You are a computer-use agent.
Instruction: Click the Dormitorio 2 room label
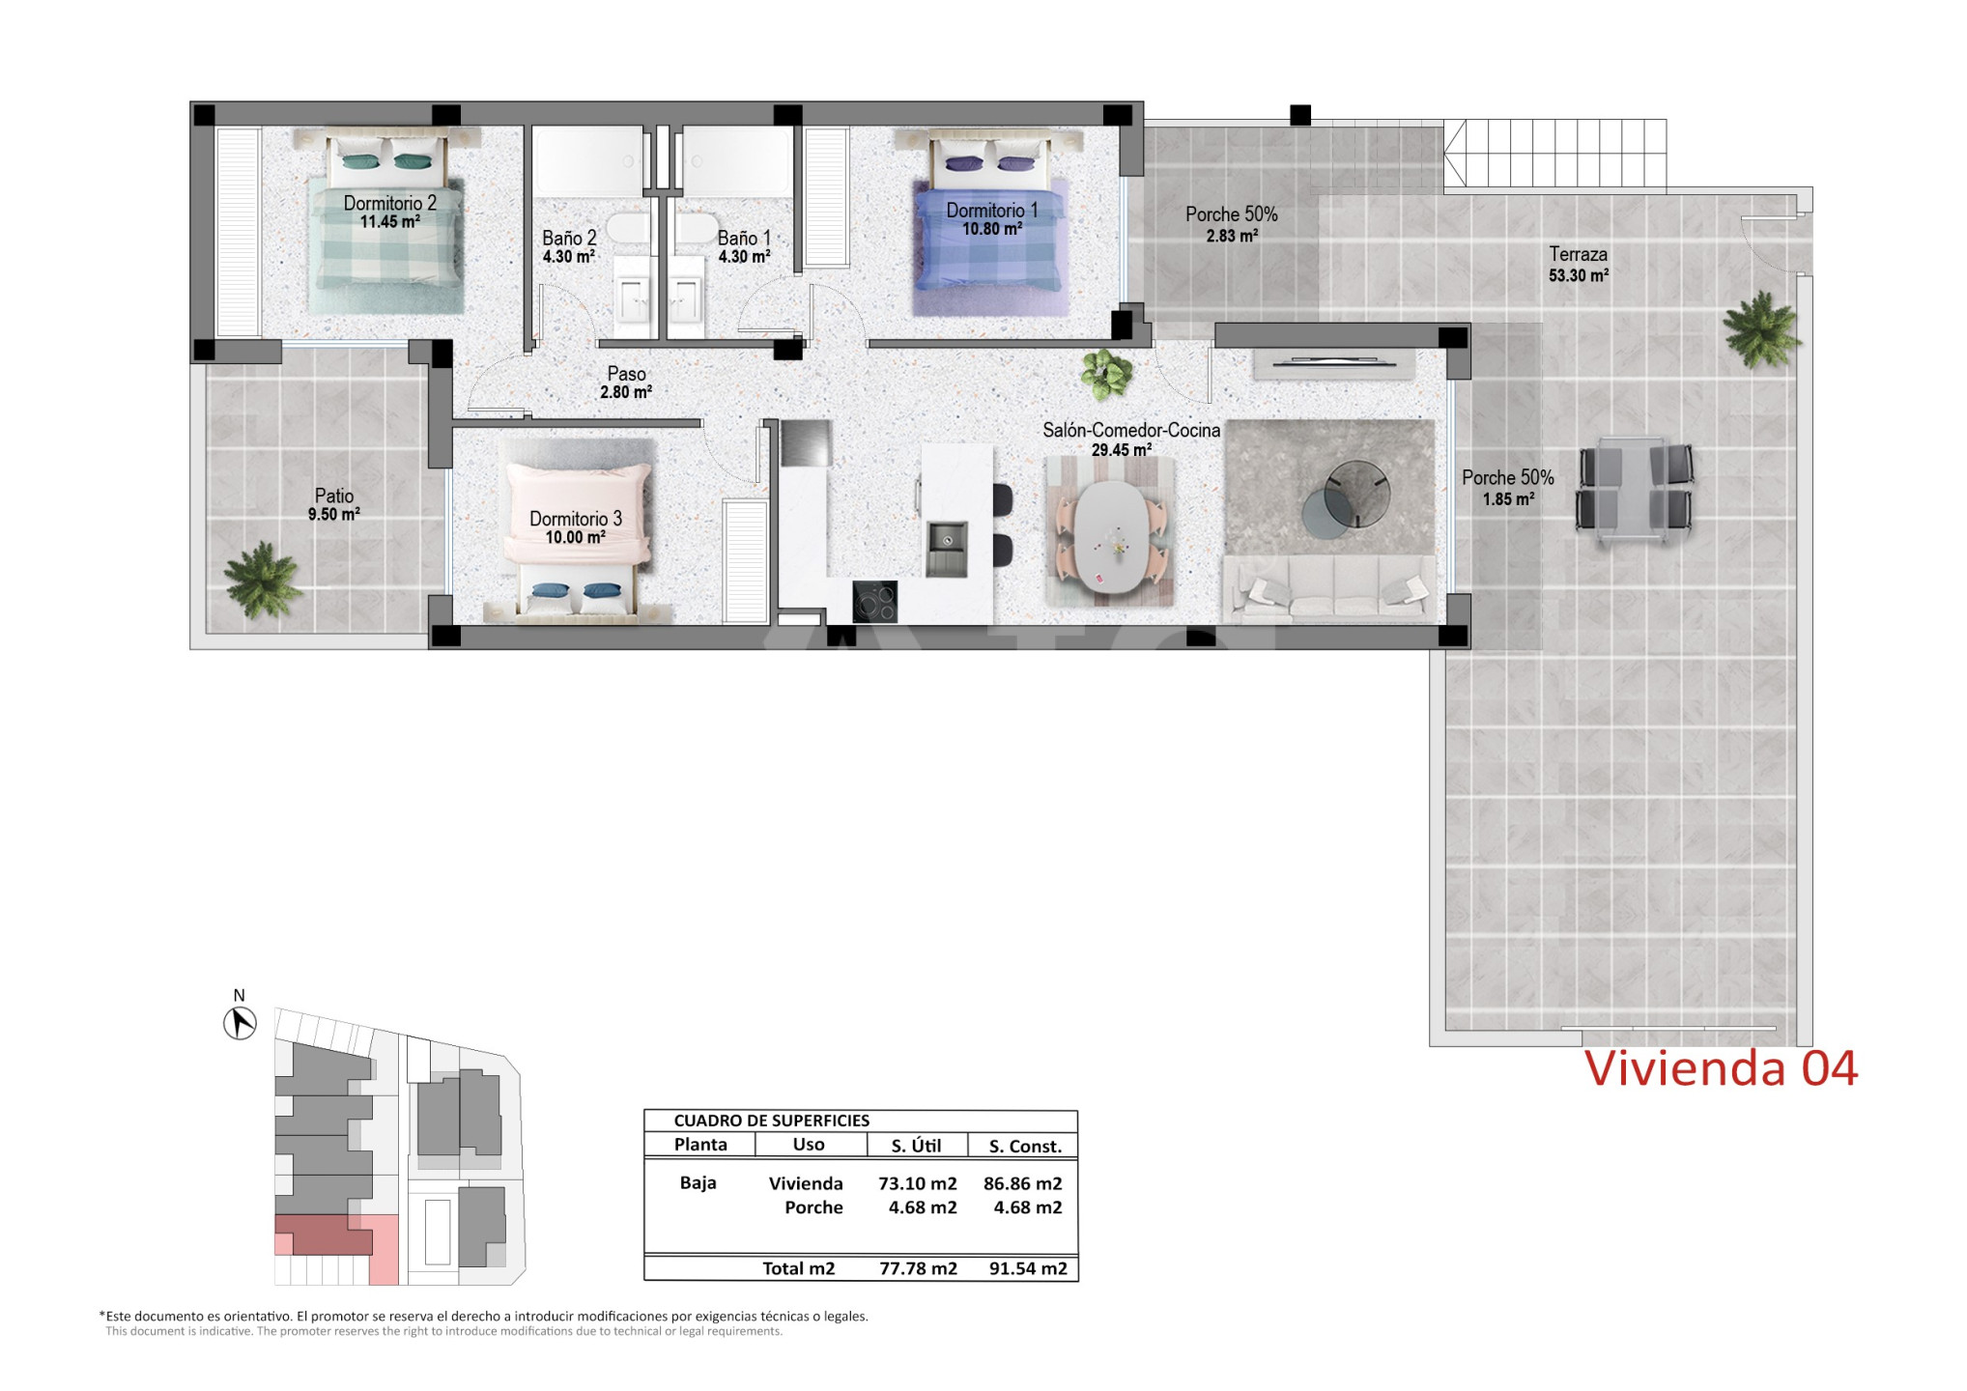[x=389, y=203]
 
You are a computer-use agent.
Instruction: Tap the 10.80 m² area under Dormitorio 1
[x=991, y=229]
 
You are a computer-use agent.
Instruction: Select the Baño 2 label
[x=569, y=238]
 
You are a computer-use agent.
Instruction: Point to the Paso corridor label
[x=626, y=373]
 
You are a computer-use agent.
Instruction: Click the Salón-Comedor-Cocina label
[x=1130, y=430]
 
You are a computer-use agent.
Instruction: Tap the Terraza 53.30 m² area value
[x=1578, y=275]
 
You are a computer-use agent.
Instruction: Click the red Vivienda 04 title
[x=1721, y=1068]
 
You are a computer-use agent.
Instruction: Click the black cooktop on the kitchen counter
[x=874, y=602]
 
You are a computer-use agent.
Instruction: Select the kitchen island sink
[x=947, y=549]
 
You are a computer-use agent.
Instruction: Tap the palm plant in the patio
[x=261, y=579]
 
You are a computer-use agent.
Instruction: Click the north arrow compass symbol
[x=240, y=1023]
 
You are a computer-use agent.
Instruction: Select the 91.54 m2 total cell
[x=1028, y=1268]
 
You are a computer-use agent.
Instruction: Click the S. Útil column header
[x=916, y=1146]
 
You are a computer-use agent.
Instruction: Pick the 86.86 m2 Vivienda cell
[x=1022, y=1183]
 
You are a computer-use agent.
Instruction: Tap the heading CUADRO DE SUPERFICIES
[x=771, y=1121]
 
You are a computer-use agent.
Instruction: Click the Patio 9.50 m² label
[x=334, y=505]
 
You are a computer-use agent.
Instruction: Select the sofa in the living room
[x=1329, y=587]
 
